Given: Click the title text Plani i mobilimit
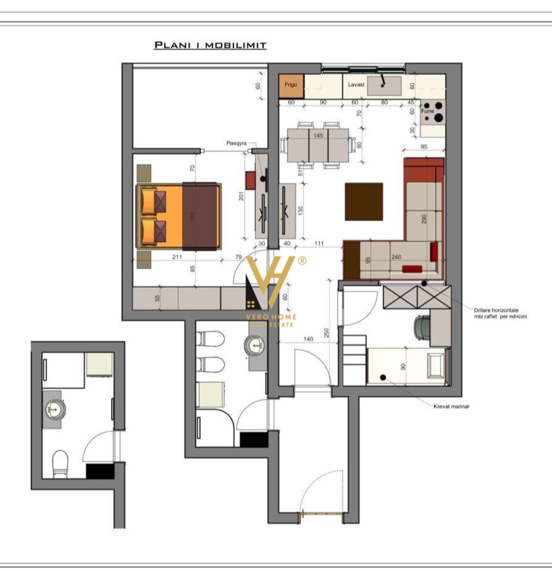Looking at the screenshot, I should point(210,45).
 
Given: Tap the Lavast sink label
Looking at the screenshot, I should point(356,85).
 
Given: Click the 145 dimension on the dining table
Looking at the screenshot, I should point(318,136).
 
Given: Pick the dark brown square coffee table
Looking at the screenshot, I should point(364,202).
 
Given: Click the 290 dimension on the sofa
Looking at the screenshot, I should point(424,219).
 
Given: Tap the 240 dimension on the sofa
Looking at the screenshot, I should point(396,257).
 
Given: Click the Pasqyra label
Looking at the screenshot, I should point(236,143).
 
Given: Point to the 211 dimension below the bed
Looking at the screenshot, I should point(177,257).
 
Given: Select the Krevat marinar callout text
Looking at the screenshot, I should point(451,406).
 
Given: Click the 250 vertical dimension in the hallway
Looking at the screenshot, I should point(326,333).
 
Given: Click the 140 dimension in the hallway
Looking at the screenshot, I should point(308,339).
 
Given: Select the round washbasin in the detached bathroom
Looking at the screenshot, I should point(55,409).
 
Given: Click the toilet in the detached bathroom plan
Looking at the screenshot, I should point(60,464).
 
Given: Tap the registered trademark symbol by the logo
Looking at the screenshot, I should point(302,261).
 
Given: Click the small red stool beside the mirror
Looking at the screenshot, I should point(251,180).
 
